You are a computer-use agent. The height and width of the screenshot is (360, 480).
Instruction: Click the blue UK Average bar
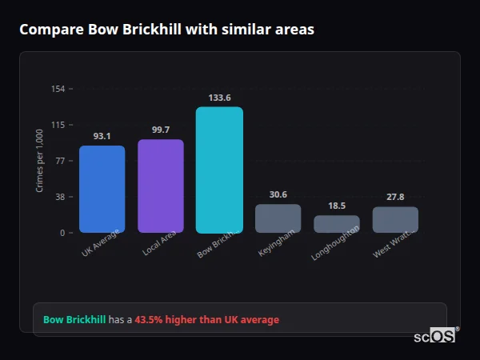click(x=102, y=189)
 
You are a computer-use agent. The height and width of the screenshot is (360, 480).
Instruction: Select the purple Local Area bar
click(x=161, y=186)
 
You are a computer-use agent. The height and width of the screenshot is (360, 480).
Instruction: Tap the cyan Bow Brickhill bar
click(x=219, y=170)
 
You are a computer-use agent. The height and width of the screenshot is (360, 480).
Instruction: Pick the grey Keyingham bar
click(x=278, y=218)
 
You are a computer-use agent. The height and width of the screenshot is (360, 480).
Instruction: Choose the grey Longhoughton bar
click(x=337, y=224)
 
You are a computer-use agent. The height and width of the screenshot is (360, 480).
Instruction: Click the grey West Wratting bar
click(x=395, y=219)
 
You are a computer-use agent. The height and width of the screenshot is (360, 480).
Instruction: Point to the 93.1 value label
click(x=102, y=136)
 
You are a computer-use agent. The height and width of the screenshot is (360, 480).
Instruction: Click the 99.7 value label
click(x=161, y=130)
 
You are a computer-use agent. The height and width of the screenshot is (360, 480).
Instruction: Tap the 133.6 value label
click(x=219, y=98)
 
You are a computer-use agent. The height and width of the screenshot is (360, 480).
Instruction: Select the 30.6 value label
click(x=278, y=194)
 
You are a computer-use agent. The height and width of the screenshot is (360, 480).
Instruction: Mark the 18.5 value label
click(x=337, y=206)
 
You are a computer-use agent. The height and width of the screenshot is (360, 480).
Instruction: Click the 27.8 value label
click(x=395, y=197)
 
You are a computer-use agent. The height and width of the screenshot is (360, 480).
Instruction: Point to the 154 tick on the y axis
click(x=58, y=89)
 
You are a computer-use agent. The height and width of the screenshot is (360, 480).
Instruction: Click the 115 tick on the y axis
click(x=58, y=125)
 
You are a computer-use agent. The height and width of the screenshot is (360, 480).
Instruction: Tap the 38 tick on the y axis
click(x=60, y=197)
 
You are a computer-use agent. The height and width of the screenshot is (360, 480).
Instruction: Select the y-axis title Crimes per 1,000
click(x=39, y=161)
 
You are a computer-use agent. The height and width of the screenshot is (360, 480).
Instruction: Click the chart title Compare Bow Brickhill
click(x=166, y=30)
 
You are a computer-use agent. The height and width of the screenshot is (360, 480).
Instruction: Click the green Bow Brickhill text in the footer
click(x=74, y=320)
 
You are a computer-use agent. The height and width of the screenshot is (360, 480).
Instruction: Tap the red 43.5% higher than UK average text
click(x=206, y=320)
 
